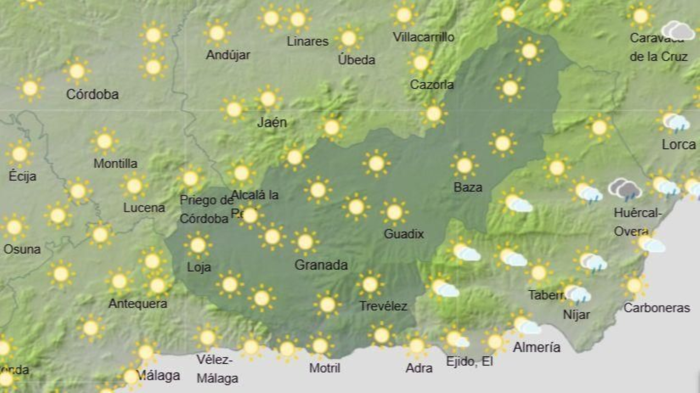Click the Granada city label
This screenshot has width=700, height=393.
point(321,265)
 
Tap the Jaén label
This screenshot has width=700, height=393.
point(272,122)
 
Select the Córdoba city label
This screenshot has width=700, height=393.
point(92,94)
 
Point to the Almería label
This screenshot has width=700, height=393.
point(536,348)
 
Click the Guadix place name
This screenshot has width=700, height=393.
point(403,234)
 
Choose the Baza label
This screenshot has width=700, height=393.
point(468,188)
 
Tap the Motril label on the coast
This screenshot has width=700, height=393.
point(324,368)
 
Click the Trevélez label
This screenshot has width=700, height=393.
point(383,306)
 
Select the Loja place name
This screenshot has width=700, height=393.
point(199,267)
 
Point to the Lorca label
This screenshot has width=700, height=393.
point(678,145)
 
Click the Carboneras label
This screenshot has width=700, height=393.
point(656,308)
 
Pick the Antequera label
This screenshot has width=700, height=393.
point(137,303)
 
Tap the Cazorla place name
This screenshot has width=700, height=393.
point(431,84)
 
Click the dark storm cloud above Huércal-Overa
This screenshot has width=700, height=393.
point(625,190)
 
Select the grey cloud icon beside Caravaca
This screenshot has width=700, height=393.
point(678,30)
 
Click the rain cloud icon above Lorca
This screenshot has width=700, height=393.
point(675,123)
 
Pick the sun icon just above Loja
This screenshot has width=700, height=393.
point(198,245)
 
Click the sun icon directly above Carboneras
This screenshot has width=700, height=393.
point(634,286)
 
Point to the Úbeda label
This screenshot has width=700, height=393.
point(356,60)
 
